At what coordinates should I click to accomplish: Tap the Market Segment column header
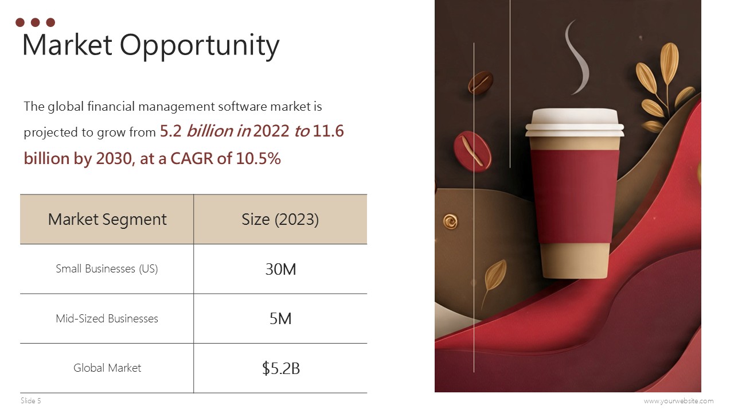(x=107, y=219)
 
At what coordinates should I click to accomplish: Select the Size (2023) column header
(x=280, y=219)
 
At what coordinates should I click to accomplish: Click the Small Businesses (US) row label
(x=107, y=268)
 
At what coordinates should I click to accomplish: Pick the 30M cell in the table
(x=280, y=269)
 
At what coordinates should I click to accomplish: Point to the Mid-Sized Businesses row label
(x=107, y=318)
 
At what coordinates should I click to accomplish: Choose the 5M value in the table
(x=280, y=318)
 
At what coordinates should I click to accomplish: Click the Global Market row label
(x=107, y=368)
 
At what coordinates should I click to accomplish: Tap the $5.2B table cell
(x=280, y=368)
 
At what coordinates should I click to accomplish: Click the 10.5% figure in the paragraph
(x=258, y=158)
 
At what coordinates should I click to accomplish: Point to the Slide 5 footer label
(x=31, y=400)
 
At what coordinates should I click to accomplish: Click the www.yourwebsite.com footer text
(x=678, y=401)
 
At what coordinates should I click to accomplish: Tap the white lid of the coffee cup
(x=574, y=122)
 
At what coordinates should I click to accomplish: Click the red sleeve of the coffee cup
(x=574, y=195)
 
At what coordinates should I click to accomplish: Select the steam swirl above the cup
(x=575, y=57)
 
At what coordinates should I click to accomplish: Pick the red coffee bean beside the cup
(x=473, y=150)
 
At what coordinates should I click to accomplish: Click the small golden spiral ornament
(x=450, y=220)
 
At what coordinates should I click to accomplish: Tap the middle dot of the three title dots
(x=35, y=22)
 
